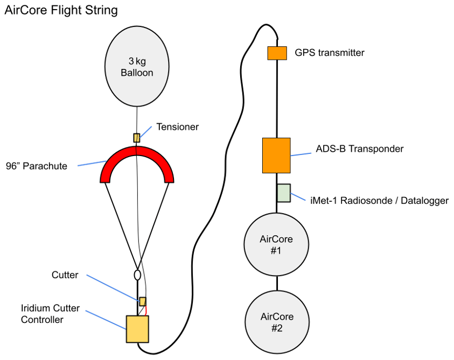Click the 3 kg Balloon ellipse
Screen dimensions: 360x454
[137, 65]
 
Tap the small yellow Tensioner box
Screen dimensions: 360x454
[137, 138]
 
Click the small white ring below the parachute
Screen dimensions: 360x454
[137, 274]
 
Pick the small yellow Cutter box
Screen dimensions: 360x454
[143, 301]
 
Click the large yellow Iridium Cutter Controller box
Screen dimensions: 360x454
[137, 329]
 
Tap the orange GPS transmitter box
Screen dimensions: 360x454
[277, 53]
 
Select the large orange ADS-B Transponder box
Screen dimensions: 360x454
[276, 156]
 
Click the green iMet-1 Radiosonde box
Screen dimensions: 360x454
[284, 193]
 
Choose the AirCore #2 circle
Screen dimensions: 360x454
[276, 322]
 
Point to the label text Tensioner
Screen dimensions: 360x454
[177, 127]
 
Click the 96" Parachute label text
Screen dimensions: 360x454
[37, 166]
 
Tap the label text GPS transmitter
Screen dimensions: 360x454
[330, 53]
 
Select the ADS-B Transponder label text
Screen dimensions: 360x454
[360, 149]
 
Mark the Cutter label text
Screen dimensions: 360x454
[65, 275]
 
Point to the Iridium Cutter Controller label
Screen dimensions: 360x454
[50, 314]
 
